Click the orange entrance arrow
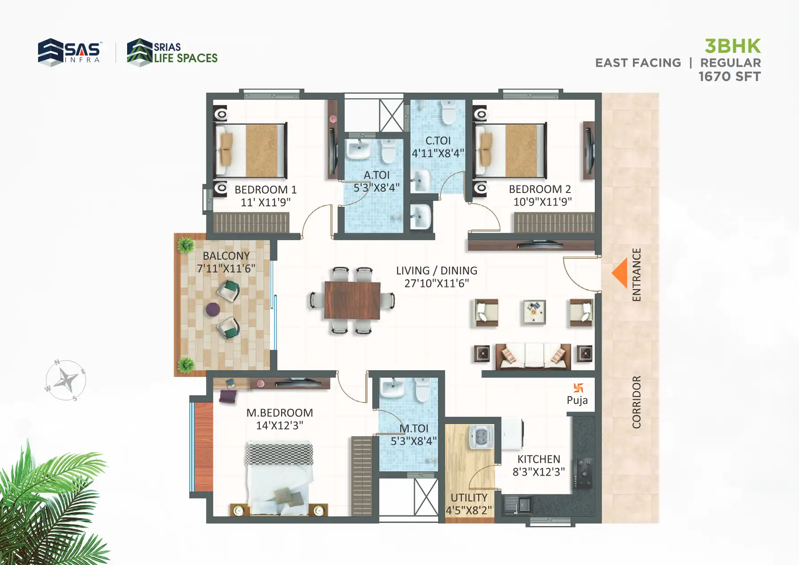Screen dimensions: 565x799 click(x=620, y=273)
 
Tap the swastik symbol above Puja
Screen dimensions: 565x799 click(x=578, y=388)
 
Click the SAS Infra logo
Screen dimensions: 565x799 click(x=69, y=52)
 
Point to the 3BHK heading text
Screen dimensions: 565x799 click(x=732, y=46)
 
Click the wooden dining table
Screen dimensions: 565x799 click(x=352, y=300)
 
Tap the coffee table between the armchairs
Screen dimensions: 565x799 click(x=534, y=312)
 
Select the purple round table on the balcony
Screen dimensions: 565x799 click(x=213, y=309)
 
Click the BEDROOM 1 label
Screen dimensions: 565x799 click(x=265, y=189)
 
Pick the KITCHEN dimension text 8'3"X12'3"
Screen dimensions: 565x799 click(x=538, y=472)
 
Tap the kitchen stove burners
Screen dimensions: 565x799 click(x=584, y=473)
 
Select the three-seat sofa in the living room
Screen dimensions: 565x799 click(x=533, y=356)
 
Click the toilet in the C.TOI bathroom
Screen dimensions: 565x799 click(x=448, y=112)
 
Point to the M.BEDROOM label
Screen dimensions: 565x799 click(x=279, y=413)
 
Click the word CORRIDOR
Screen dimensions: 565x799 click(x=636, y=402)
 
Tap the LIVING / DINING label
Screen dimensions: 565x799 click(x=436, y=270)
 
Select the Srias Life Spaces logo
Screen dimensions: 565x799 click(x=172, y=52)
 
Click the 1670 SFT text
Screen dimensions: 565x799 click(x=729, y=77)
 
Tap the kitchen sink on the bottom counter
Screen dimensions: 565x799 click(x=517, y=505)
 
